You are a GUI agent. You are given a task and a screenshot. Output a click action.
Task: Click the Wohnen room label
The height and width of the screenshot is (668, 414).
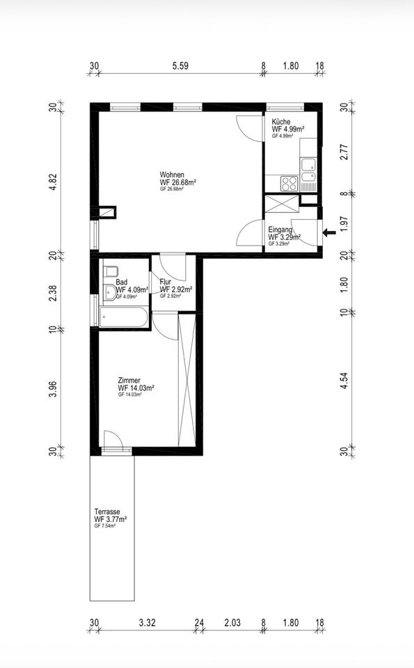172,175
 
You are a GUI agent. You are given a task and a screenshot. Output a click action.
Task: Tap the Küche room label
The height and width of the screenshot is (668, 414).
281,122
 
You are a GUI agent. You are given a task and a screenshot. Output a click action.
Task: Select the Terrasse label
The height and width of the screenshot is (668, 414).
107,511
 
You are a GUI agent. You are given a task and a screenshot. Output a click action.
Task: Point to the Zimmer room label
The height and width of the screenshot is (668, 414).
129,381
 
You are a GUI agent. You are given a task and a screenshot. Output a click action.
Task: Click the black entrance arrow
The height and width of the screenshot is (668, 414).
329,232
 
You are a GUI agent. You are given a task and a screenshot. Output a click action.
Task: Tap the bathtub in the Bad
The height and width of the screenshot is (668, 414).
124,318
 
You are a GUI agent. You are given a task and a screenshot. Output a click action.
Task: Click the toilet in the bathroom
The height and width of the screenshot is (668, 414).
111,271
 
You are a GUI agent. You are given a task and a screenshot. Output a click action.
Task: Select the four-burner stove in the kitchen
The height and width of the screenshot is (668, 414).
289,184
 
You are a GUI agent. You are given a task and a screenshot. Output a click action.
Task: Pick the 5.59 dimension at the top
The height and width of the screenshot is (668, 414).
180,66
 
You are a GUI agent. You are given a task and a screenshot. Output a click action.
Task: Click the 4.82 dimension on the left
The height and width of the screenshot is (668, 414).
53,181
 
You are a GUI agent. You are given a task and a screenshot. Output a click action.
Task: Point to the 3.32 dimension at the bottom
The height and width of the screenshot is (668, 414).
147,623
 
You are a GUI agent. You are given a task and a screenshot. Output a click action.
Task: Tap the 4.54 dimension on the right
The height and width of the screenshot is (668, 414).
344,381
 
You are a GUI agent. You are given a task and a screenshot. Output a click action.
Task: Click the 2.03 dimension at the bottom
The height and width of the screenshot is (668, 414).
232,623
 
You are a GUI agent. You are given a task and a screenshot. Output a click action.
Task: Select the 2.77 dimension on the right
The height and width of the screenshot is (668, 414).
344,152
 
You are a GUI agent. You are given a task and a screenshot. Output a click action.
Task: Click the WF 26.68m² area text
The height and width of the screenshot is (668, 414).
177,182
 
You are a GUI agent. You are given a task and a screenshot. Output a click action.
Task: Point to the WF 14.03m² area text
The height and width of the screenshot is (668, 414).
136,388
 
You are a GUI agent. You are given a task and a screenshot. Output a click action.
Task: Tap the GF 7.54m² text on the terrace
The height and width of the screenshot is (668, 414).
105,526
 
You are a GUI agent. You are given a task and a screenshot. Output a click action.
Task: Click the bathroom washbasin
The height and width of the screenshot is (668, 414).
111,292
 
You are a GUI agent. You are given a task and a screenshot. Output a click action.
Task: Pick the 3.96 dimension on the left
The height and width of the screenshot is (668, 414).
53,388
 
